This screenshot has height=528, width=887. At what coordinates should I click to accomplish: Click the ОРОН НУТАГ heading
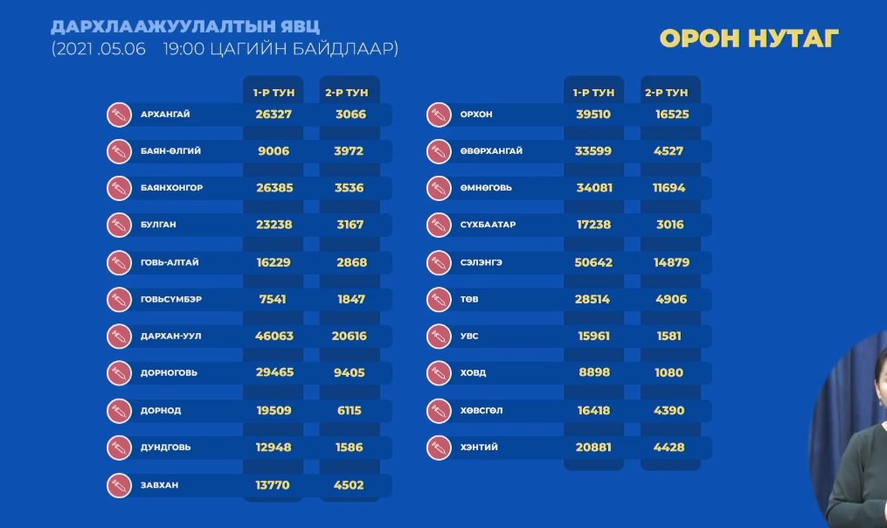click(749, 38)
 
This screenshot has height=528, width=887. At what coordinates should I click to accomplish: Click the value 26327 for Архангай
click(273, 115)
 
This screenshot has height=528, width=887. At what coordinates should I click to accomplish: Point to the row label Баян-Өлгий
click(170, 151)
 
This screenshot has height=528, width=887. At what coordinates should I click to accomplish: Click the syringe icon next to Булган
click(118, 226)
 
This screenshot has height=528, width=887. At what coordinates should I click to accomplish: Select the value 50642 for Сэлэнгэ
click(593, 262)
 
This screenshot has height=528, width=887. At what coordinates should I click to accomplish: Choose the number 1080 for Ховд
click(669, 373)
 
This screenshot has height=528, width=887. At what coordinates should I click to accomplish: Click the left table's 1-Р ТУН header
click(273, 92)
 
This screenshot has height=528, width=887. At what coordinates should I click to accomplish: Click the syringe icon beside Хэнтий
click(438, 448)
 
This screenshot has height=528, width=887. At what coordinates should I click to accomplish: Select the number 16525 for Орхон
click(669, 115)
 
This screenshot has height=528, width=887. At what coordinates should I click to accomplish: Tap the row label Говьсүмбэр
click(170, 299)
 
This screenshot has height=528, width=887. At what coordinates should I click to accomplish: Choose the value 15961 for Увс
click(593, 336)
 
